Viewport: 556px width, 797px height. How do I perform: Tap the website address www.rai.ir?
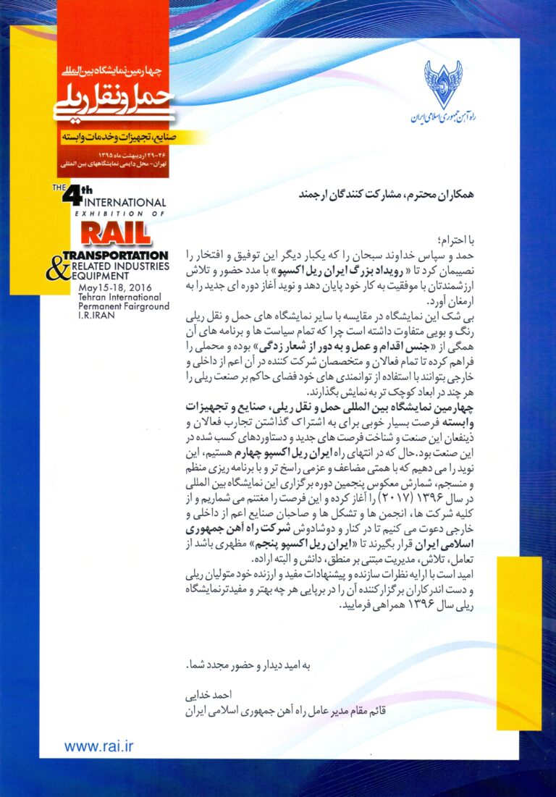pyautogui.click(x=99, y=746)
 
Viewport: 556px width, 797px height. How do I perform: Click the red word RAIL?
pyautogui.click(x=115, y=233)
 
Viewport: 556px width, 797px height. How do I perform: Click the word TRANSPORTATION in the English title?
pyautogui.click(x=116, y=255)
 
